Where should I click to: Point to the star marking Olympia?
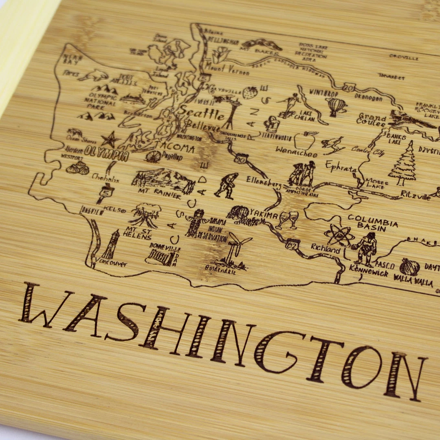pos(110,140)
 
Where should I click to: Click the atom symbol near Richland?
pos(339,235)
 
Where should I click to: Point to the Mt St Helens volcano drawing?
pos(145,215)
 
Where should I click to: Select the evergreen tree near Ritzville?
pos(403,163)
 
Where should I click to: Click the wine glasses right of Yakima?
pos(287,220)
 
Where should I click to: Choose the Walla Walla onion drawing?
pos(409,267)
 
